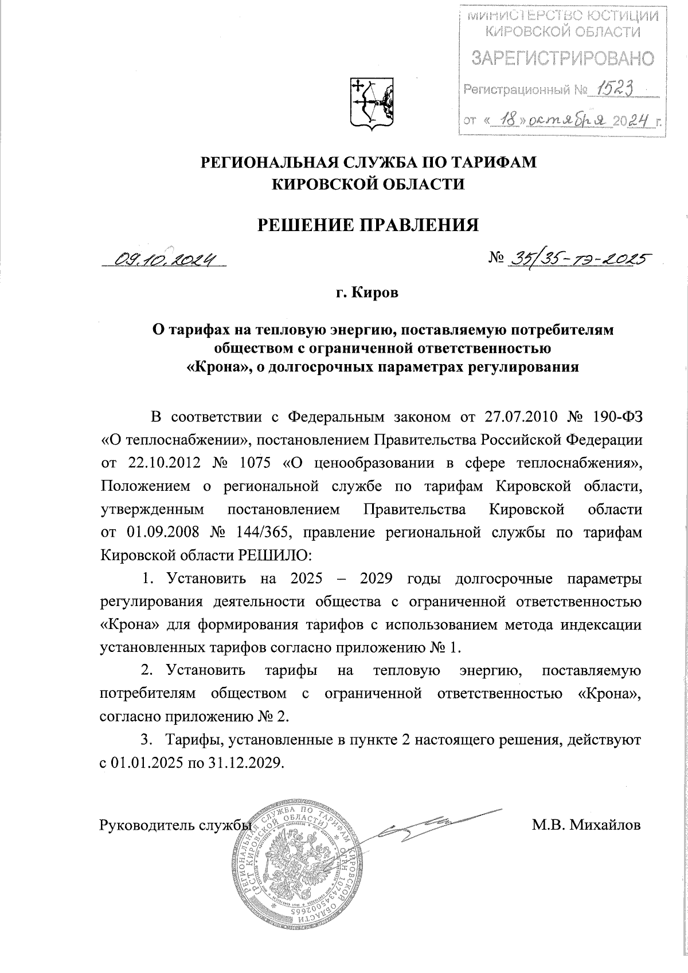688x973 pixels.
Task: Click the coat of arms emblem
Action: pos(372,104)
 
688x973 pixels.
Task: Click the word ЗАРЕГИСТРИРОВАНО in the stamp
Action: pos(562,58)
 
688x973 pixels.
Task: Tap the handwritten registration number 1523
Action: pos(619,88)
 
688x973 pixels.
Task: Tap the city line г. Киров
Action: pos(367,293)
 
